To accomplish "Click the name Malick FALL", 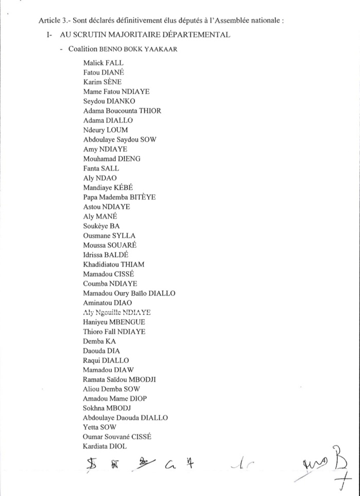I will [103, 63].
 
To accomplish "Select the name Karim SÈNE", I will [101, 82].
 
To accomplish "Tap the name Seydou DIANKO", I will [109, 101].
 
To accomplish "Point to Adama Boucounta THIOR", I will [122, 111].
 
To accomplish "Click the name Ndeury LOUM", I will [106, 130].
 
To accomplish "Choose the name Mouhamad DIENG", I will [112, 158].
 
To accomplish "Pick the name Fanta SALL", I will [101, 168].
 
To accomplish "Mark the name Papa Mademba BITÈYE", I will [119, 197].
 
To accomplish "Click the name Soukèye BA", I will [101, 226].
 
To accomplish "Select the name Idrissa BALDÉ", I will [106, 255].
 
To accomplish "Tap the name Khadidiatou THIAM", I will [114, 264].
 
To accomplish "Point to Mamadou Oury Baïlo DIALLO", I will [129, 293].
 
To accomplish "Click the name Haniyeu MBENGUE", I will [114, 322].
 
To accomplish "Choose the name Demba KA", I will [99, 341].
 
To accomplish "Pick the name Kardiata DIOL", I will [105, 446].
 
